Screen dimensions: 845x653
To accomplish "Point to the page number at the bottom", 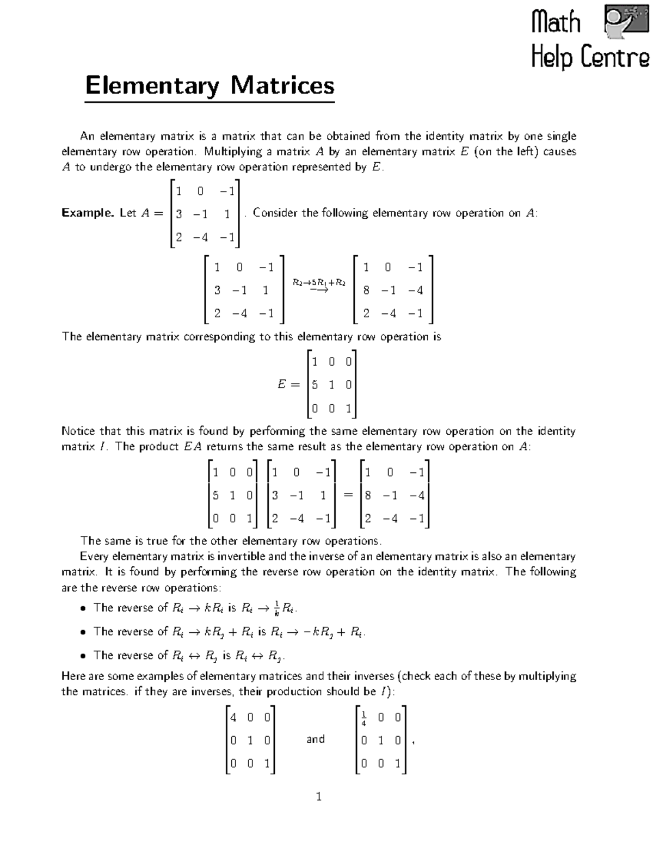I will point(319,797).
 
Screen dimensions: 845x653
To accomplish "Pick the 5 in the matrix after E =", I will point(315,385).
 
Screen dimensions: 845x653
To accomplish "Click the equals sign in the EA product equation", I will point(348,495).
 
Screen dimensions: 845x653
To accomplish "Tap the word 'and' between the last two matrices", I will point(316,739).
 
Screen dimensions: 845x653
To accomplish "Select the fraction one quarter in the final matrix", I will point(364,718).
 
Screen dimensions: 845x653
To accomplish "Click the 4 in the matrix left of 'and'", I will point(233,717).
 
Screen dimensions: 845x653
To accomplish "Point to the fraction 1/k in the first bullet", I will point(277,609).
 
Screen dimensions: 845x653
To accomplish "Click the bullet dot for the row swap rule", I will point(83,656).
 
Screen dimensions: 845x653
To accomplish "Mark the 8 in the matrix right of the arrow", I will point(366,291).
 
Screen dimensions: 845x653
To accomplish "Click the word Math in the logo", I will point(556,22).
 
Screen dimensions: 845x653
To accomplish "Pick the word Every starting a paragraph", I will point(94,556).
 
